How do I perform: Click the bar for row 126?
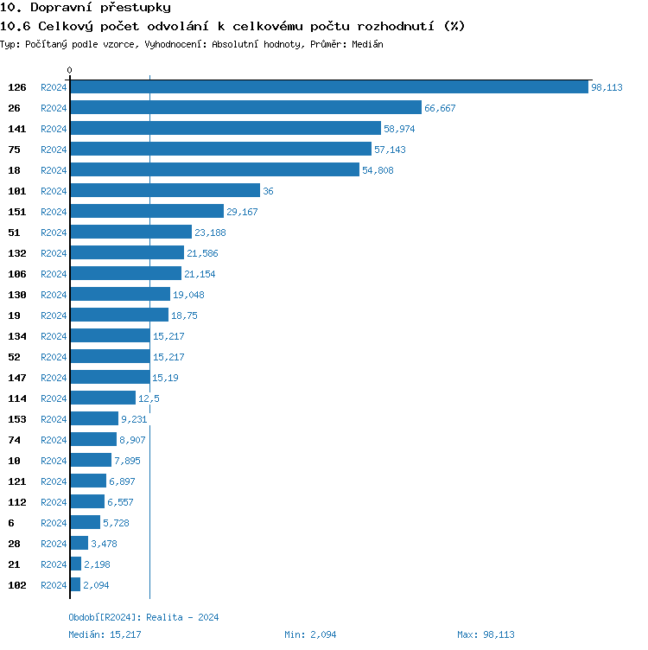[329, 87]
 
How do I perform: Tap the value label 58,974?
[399, 129]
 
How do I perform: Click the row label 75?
[14, 150]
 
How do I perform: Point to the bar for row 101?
[165, 191]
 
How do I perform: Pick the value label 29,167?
[242, 212]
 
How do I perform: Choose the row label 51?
[14, 233]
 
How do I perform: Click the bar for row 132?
[127, 253]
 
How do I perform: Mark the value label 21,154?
[200, 274]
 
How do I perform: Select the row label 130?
[16, 295]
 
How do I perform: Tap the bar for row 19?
[119, 315]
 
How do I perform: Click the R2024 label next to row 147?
[54, 378]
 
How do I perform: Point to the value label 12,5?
[149, 398]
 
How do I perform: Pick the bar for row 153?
[94, 419]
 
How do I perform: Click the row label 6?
[11, 523]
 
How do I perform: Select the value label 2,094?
[96, 585]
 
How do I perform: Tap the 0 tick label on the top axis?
[70, 70]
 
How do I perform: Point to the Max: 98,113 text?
[486, 634]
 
